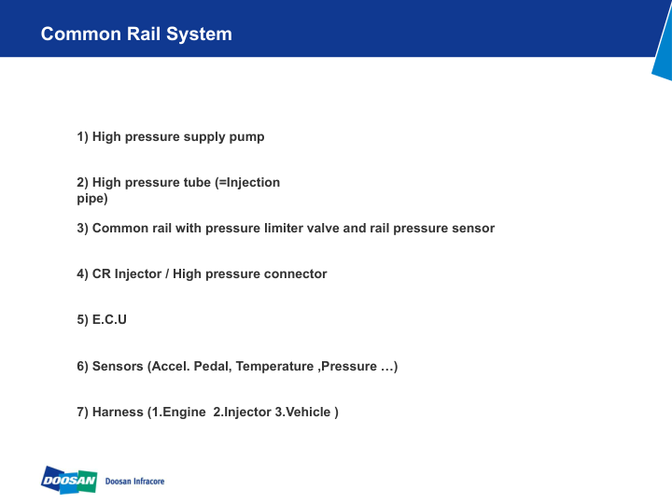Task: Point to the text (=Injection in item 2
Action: (x=247, y=183)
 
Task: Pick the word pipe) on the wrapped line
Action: (x=92, y=199)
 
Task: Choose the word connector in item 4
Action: (x=297, y=274)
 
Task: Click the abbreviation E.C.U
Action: (x=109, y=320)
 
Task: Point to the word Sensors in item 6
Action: (x=118, y=367)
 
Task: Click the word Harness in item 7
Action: (x=118, y=413)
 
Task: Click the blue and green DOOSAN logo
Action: (x=69, y=481)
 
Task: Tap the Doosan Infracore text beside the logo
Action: (x=135, y=482)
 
